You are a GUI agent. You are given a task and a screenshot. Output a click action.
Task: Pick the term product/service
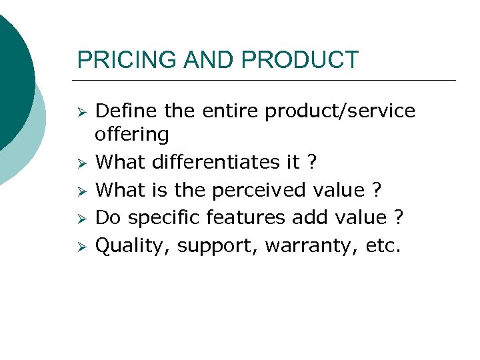[x=340, y=111]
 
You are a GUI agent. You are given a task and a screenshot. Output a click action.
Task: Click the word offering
[x=132, y=134]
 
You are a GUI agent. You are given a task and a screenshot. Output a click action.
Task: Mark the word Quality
[x=133, y=246]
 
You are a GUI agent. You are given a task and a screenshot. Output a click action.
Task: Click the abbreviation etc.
[x=383, y=246]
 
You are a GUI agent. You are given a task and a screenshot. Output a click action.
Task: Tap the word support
[x=217, y=246]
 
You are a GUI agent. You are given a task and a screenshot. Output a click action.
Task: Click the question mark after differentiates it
[x=311, y=162]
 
